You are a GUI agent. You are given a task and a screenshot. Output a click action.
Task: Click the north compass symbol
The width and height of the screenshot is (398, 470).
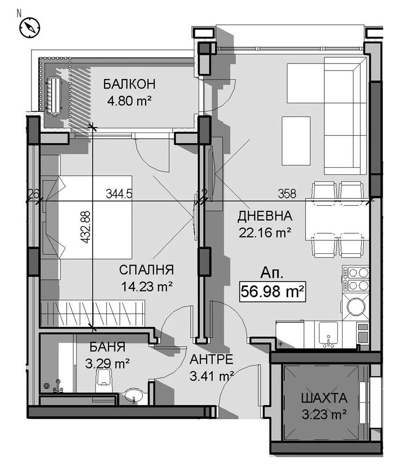(29, 27)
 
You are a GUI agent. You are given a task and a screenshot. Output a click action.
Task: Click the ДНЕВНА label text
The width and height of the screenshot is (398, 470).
(265, 216)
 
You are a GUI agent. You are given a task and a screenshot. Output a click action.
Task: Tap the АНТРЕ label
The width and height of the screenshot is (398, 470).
(211, 360)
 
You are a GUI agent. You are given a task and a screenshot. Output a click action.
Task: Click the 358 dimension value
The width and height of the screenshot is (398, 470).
(287, 193)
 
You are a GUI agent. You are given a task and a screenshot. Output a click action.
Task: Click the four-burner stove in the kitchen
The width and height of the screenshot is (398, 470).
(357, 279)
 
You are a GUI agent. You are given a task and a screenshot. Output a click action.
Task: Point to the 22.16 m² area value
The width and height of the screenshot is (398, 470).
(265, 232)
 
